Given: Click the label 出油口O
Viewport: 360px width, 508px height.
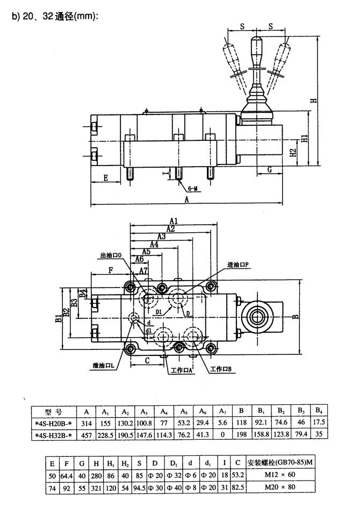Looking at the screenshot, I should [x=112, y=255].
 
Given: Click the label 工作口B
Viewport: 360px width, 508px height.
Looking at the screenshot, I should [x=221, y=369].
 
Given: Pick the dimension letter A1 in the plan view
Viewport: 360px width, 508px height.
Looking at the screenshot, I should [x=173, y=220].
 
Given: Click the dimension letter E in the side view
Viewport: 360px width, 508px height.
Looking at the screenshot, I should [x=106, y=176].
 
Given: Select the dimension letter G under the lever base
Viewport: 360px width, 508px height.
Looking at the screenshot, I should [x=269, y=170].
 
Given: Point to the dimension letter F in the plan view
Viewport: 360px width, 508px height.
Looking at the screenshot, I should [x=111, y=270].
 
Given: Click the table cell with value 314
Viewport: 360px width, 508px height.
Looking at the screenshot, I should [x=86, y=423].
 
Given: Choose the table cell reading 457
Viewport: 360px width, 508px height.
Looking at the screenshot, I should [x=86, y=434].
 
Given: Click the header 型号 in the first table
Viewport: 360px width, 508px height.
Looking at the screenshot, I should [x=53, y=412].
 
